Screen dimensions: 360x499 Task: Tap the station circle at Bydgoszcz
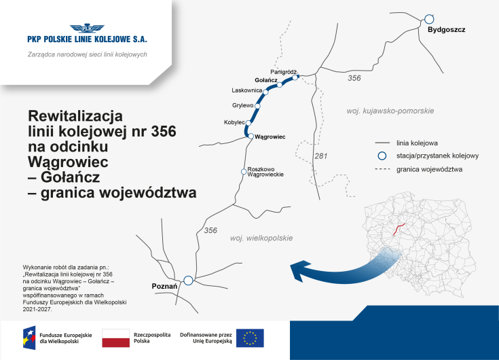[428, 20]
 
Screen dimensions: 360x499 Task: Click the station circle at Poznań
[189, 279]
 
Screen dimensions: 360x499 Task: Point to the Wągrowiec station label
[270, 137]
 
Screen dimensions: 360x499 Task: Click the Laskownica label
[246, 90]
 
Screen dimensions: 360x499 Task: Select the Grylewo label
[242, 105]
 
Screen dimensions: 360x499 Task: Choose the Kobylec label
[234, 122]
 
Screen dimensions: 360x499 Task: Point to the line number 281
[321, 157]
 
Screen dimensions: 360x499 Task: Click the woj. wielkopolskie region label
[261, 238]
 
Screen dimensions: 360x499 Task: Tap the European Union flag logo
[250, 338]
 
